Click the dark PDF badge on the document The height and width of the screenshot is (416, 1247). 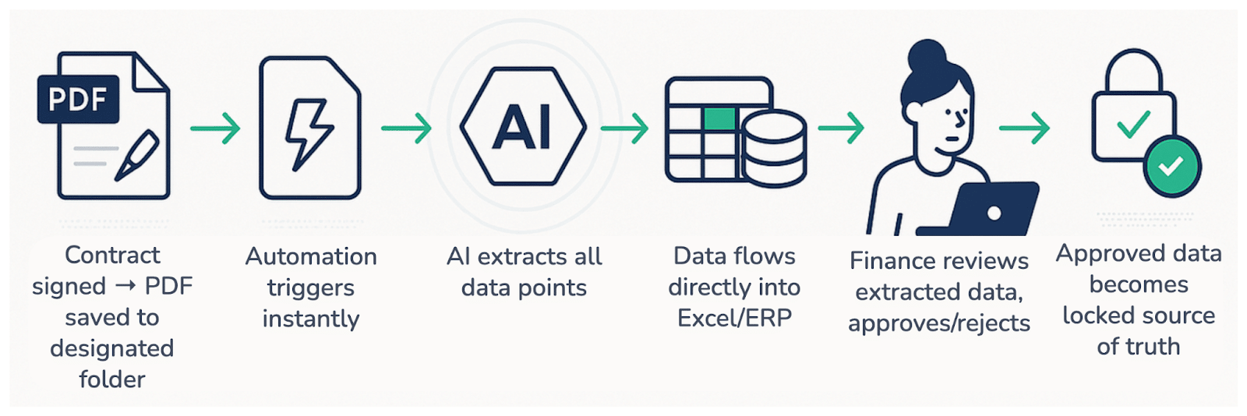click(x=78, y=100)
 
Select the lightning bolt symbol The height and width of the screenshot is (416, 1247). click(x=309, y=133)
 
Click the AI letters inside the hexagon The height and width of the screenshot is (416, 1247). click(x=523, y=128)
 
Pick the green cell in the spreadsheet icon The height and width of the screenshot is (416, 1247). click(x=719, y=119)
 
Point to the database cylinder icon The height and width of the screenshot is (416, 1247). click(x=773, y=148)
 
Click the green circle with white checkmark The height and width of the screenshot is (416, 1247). click(x=1171, y=166)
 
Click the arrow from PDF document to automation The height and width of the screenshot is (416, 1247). click(x=215, y=129)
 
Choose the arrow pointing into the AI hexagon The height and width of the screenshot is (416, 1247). click(x=406, y=129)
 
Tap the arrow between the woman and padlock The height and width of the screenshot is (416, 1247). click(x=1024, y=129)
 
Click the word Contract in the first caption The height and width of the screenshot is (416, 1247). click(x=112, y=255)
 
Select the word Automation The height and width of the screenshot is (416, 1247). click(x=311, y=256)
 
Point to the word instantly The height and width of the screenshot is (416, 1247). click(x=311, y=319)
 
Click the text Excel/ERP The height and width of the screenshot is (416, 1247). click(x=734, y=318)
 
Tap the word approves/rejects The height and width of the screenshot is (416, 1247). click(x=939, y=323)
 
